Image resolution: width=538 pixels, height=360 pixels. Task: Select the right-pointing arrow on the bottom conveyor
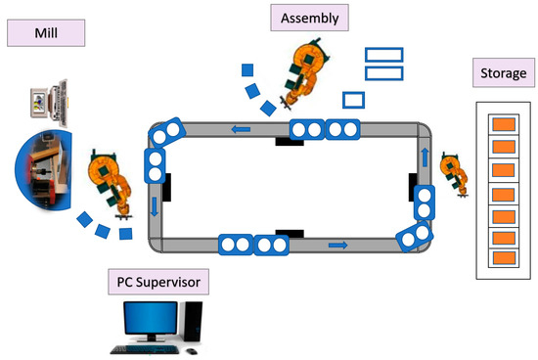click(337, 245)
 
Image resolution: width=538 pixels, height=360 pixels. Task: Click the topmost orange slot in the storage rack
click(503, 125)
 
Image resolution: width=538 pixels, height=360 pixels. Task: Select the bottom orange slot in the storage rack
click(503, 258)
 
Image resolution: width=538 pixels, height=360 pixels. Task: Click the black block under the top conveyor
click(288, 142)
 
